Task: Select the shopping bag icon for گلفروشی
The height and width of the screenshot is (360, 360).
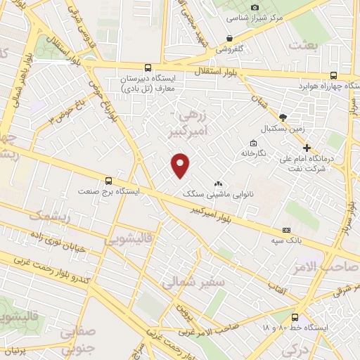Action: click(x=229, y=38)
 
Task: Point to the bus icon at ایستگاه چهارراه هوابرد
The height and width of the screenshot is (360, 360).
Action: click(x=333, y=75)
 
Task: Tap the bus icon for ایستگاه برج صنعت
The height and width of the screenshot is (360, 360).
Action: click(x=108, y=179)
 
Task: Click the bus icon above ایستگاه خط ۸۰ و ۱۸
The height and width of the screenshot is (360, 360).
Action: click(x=295, y=316)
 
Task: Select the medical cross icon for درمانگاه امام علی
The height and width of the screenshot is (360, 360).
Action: click(x=307, y=147)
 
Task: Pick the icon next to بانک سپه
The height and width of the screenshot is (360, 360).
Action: click(x=286, y=230)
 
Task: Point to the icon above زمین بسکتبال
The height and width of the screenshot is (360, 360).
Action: click(x=283, y=117)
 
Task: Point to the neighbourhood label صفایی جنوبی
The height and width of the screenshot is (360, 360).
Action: click(x=77, y=340)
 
